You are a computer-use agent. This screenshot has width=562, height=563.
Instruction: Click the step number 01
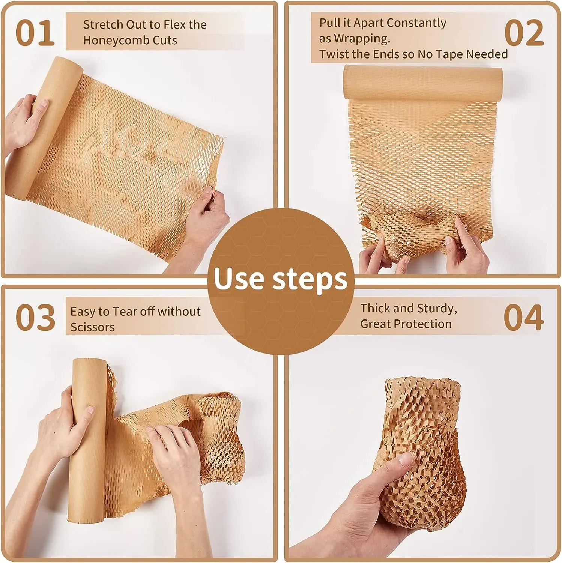35,33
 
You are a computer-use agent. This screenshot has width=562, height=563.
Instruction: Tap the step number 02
524,33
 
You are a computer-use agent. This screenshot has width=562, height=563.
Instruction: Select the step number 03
35,318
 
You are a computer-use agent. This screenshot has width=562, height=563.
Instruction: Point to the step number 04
523,318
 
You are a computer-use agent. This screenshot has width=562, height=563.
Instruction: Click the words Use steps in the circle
281,279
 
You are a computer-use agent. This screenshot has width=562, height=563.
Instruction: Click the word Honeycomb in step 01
111,41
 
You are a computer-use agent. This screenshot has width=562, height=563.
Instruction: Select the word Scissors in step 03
92,327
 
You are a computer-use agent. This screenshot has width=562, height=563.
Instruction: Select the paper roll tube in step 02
423,83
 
